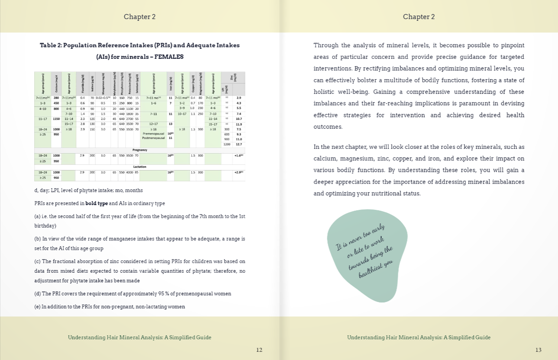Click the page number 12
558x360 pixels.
pos(259,350)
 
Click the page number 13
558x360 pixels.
pos(538,350)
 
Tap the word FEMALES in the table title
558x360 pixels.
pos(169,57)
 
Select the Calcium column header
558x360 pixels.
pos(56,84)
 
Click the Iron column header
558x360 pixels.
pos(171,84)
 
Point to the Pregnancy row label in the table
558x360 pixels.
pos(139,150)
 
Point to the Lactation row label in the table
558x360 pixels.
pos(139,167)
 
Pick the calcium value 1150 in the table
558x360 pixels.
pos(56,119)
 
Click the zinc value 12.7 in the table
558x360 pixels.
pos(239,144)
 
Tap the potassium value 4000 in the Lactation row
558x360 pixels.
pos(129,172)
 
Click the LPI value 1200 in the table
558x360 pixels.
pos(226,144)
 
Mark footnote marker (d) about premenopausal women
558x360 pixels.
pos(38,294)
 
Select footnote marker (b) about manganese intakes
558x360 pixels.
pos(38,239)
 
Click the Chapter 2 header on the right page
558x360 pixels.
pos(419,17)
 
